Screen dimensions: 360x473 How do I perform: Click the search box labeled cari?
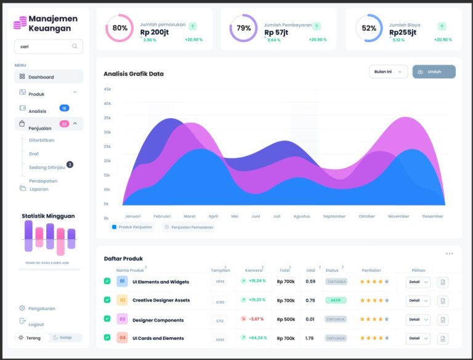[48, 46]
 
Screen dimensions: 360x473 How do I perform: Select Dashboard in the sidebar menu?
[41, 77]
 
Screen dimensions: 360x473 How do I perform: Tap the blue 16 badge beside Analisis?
[64, 108]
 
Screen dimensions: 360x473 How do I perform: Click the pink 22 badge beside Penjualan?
[64, 124]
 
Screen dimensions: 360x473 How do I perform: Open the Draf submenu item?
[34, 153]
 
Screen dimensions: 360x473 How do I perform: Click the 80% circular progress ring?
[119, 28]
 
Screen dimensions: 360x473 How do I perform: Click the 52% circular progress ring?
[368, 28]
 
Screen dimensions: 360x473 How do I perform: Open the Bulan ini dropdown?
[388, 72]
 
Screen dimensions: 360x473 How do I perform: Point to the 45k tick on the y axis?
[107, 89]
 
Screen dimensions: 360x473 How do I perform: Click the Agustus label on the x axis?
[302, 216]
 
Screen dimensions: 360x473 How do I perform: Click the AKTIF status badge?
[336, 300]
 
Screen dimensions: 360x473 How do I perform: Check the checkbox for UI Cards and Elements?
[107, 338]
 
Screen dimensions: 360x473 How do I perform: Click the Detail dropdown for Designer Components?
[418, 319]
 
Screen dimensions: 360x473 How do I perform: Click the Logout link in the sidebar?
[36, 324]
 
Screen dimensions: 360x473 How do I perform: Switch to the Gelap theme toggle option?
[63, 338]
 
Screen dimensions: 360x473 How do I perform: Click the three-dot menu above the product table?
[449, 253]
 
